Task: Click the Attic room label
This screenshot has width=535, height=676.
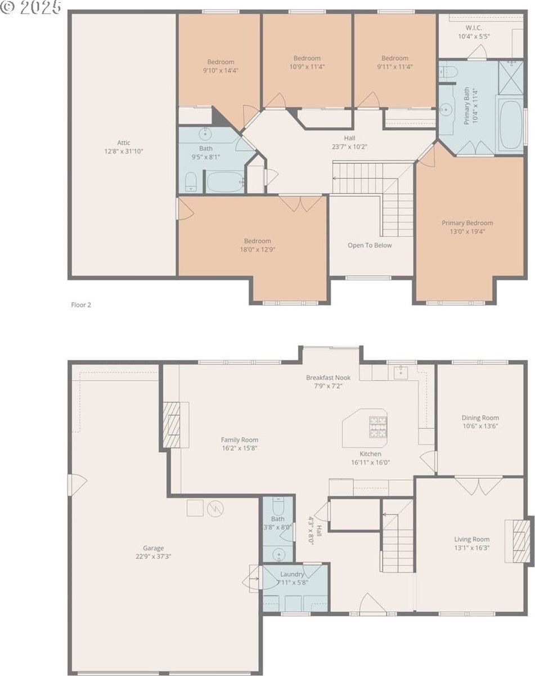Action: [x=124, y=143]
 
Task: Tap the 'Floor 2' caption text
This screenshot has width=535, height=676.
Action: [x=81, y=305]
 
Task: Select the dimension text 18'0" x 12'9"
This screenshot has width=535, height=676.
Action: [x=257, y=249]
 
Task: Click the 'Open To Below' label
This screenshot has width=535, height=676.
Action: [x=370, y=245]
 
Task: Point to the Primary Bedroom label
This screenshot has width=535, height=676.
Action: [x=467, y=223]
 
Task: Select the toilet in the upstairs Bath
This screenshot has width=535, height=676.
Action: [x=191, y=181]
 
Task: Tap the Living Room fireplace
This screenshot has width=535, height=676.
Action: [x=521, y=540]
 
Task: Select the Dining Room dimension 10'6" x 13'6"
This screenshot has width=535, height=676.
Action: [x=480, y=426]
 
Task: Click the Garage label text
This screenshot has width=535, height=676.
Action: [x=153, y=548]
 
